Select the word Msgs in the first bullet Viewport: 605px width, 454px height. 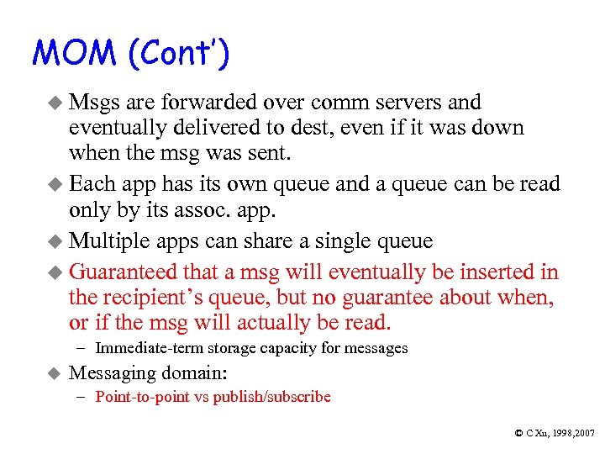95,103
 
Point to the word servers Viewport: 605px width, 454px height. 401,103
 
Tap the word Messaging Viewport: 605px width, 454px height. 109,372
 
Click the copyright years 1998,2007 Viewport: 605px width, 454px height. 571,432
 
